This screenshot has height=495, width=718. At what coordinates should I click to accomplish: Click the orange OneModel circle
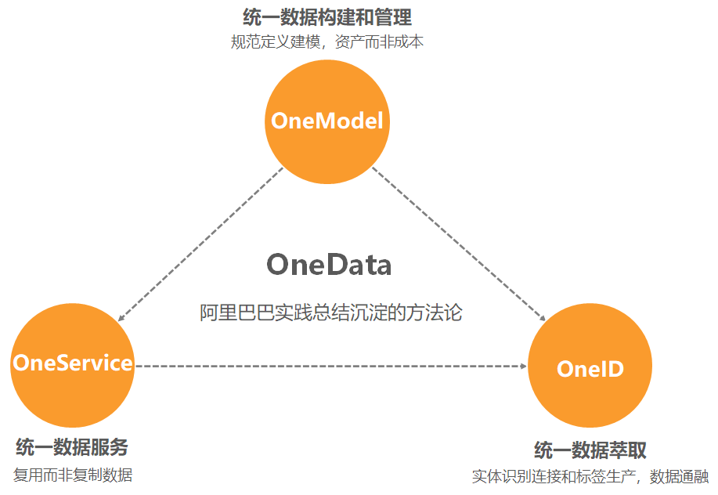327,149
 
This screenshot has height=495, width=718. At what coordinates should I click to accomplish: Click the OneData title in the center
329,265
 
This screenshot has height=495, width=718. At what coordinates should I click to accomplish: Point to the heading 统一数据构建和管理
327,16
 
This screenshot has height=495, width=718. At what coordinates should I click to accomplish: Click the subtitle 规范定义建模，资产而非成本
327,42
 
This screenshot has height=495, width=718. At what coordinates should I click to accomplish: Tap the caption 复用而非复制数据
73,475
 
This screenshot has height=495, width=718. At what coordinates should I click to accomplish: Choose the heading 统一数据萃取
590,450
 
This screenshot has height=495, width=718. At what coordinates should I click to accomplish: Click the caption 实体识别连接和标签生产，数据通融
590,476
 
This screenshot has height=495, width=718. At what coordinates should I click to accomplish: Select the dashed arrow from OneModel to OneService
200,244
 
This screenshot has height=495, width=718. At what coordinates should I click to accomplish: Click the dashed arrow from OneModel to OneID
458,244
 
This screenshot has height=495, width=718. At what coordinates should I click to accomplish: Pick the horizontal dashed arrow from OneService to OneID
329,366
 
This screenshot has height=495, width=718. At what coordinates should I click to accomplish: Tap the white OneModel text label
327,121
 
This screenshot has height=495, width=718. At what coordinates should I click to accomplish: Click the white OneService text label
72,363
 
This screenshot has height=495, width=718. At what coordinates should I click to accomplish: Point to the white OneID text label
590,368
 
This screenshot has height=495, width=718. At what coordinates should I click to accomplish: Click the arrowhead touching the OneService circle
122,317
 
